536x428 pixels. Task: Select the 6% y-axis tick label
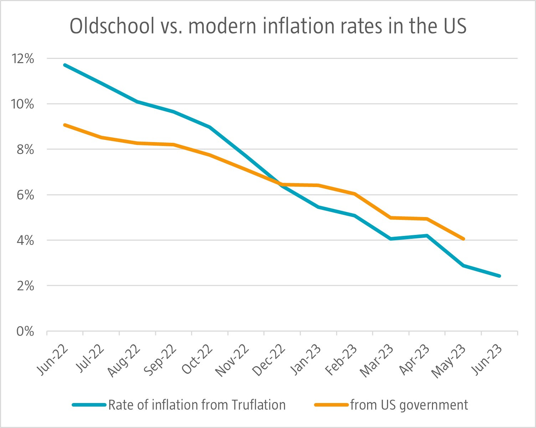coord(25,195)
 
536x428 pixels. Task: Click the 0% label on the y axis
coord(25,332)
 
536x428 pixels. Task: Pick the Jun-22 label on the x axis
coord(53,361)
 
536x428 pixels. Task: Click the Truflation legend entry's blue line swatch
coord(89,405)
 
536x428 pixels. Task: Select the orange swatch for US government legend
coord(331,405)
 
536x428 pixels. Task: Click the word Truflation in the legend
coord(258,405)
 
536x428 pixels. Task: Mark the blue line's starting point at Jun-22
coord(65,65)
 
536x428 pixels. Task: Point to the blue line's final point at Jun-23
coord(499,276)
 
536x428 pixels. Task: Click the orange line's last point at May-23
coord(463,239)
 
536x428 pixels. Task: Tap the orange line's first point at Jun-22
coord(65,125)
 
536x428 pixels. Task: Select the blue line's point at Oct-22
coord(210,127)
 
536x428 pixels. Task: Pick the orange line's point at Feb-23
coord(355,194)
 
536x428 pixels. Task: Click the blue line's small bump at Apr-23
coord(427,236)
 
